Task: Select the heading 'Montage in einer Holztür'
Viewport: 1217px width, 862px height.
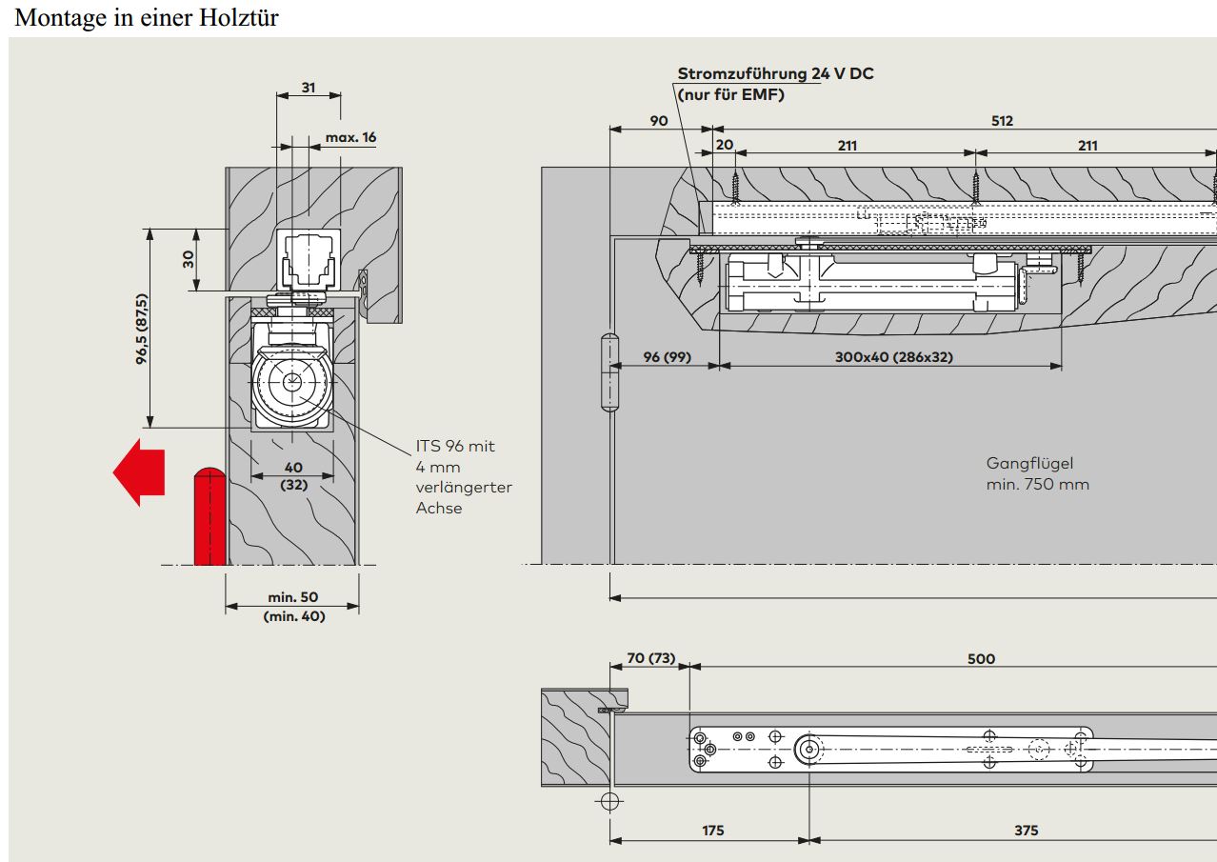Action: coord(148,17)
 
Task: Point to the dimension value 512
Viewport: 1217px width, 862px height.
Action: coord(1002,121)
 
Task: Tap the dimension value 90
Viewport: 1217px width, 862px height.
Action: coord(659,121)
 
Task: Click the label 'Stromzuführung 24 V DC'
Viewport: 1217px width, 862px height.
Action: coord(775,73)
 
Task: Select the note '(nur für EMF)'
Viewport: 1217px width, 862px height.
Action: coord(731,93)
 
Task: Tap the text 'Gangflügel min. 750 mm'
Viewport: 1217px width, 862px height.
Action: coord(1037,473)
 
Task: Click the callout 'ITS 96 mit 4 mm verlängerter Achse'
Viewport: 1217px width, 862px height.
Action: coord(463,476)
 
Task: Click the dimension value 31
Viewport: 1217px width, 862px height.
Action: coord(308,87)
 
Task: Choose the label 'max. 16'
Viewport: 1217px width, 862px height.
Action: coord(350,137)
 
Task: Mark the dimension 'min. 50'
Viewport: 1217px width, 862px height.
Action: coord(292,597)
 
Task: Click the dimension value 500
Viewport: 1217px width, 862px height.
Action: coord(981,658)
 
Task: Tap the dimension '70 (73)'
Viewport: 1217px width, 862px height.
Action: coord(650,658)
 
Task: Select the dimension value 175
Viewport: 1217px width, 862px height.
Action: coord(712,831)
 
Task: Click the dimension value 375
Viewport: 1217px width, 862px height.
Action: coord(1026,831)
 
